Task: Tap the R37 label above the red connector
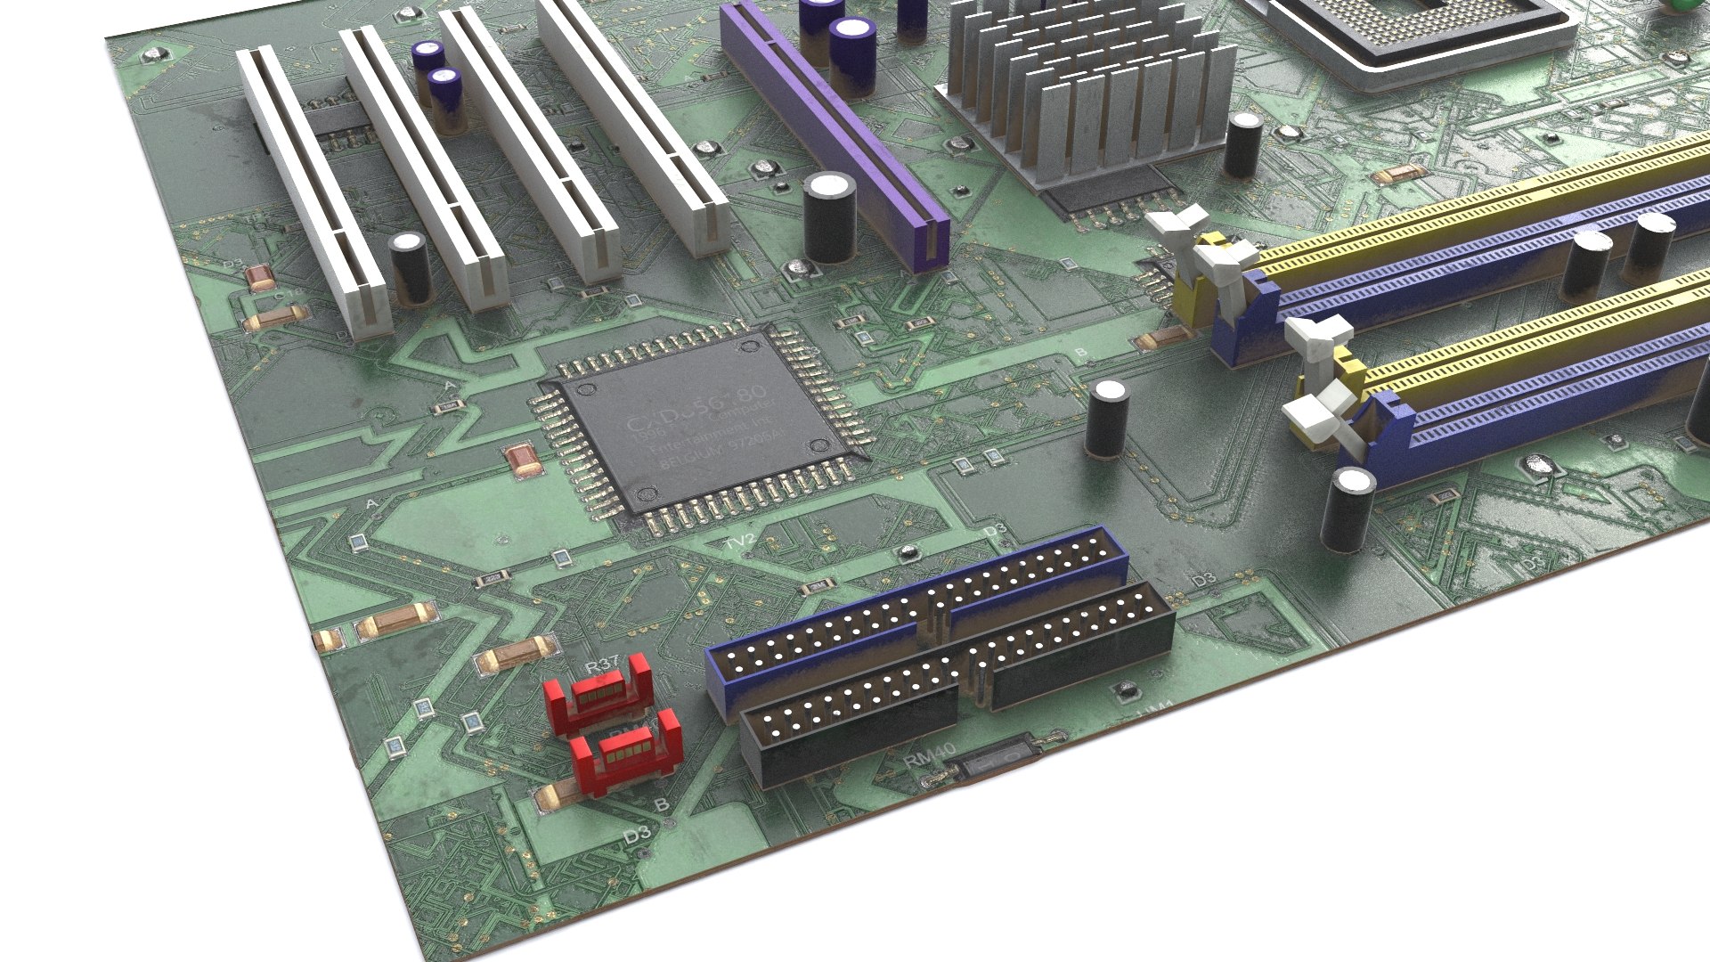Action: [602, 666]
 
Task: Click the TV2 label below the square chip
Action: [739, 541]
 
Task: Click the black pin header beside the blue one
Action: [957, 681]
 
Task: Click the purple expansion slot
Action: [833, 134]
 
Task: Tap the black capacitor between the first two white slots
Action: [410, 267]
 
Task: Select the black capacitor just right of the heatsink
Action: [1242, 144]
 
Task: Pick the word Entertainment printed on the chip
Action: [704, 442]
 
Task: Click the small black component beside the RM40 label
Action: [997, 758]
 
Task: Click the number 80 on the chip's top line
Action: [750, 394]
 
